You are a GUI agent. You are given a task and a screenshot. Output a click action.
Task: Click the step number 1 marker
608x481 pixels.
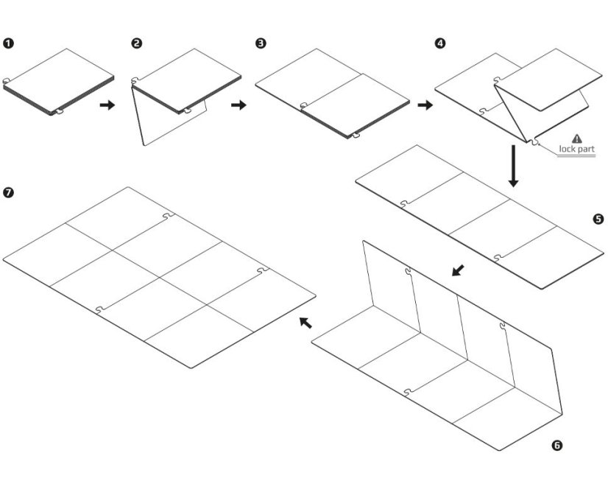tap(8, 43)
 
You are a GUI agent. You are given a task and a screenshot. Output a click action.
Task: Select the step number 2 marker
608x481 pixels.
tap(136, 43)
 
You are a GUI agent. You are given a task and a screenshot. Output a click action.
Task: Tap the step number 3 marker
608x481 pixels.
tap(261, 43)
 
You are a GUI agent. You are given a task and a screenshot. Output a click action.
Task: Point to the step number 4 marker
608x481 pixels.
tap(440, 43)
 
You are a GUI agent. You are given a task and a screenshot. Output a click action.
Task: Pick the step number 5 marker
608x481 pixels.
tap(598, 219)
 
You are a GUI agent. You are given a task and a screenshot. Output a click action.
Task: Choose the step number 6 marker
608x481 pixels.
tap(557, 445)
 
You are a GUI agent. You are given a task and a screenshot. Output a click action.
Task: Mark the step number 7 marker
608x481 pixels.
tap(8, 192)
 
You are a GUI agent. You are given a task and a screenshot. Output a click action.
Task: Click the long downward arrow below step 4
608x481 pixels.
tap(514, 165)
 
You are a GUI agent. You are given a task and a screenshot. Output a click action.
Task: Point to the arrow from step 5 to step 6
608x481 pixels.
tap(459, 271)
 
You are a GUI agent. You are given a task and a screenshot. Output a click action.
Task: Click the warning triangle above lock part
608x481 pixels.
tap(576, 138)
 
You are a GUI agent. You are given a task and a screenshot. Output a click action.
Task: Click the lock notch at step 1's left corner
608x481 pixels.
tap(6, 82)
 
